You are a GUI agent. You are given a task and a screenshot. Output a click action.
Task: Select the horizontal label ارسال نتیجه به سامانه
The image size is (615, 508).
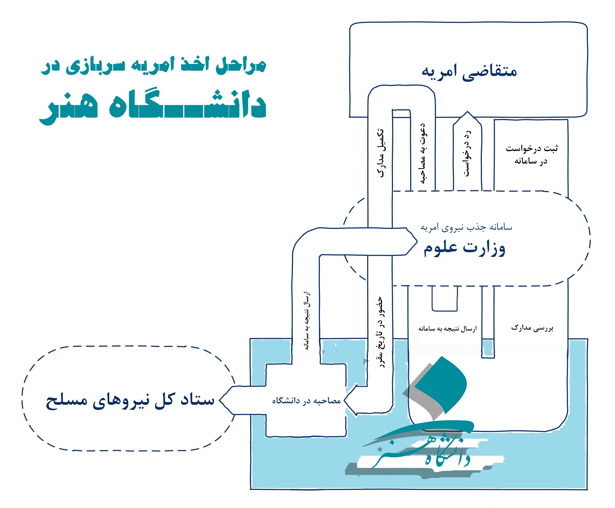coord(447,329)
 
